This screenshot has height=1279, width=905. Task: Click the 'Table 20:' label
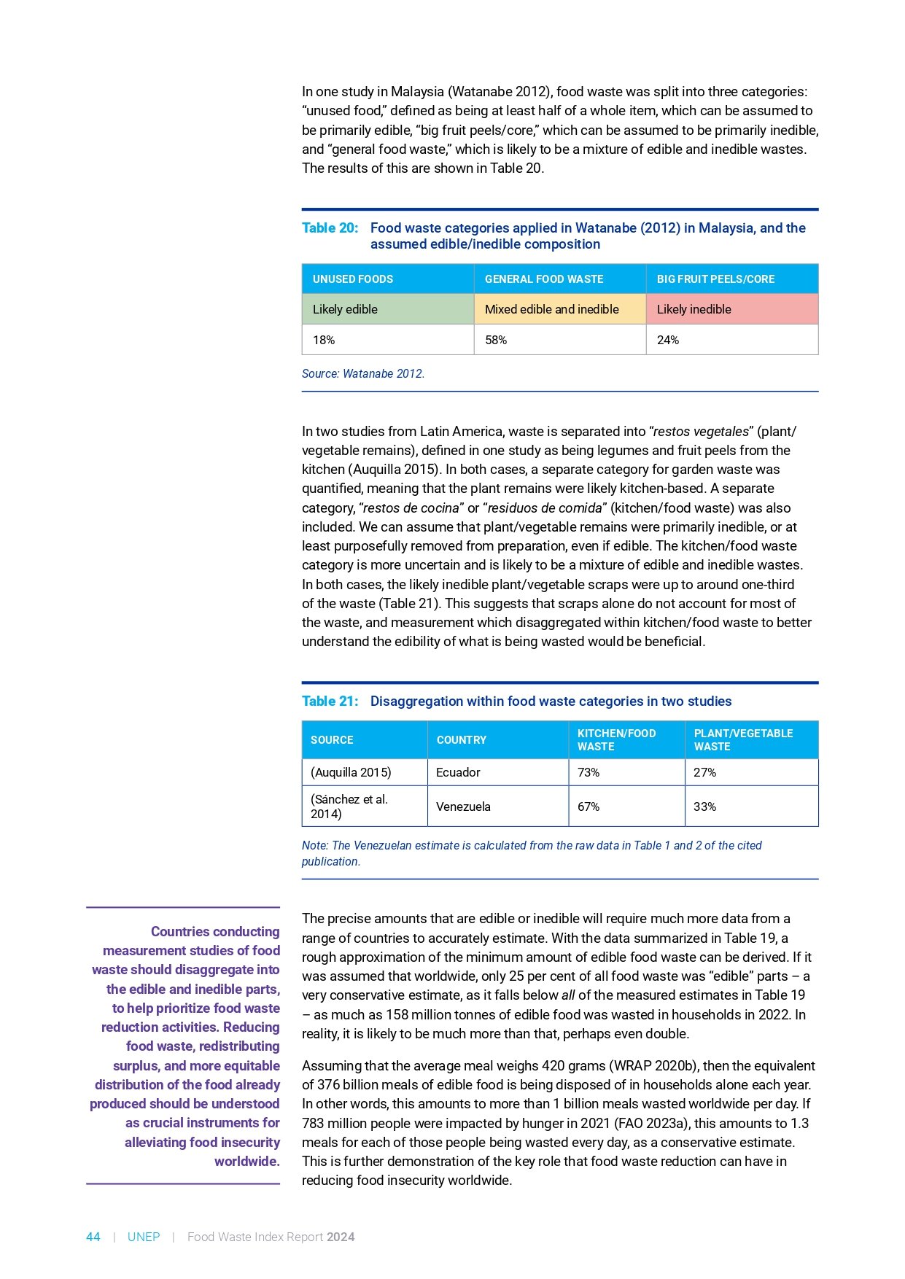coord(330,228)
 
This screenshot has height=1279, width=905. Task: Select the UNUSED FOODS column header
coord(353,279)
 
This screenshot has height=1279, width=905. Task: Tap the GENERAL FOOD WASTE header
coord(544,279)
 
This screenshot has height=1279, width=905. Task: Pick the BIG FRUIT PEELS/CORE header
coord(715,279)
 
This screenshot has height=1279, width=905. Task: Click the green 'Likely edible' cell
coord(345,309)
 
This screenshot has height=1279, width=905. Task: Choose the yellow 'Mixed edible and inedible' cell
coord(551,309)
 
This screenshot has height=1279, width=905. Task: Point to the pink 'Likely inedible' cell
coord(694,309)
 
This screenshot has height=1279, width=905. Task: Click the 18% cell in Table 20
coord(324,340)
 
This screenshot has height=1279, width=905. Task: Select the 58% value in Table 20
coord(496,340)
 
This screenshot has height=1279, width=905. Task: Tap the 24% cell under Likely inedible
coord(668,340)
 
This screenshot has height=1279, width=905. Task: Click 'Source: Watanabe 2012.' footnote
coord(362,373)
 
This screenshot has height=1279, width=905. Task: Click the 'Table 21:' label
coord(330,701)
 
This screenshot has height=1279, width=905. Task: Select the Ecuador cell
coord(458,772)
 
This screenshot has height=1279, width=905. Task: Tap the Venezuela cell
coord(463,806)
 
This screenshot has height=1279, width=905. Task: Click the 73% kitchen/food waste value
coord(589,772)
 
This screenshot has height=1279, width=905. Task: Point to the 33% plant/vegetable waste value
coord(704,806)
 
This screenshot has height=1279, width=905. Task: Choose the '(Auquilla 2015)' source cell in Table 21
coord(351,772)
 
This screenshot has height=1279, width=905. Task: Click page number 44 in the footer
coord(93,1237)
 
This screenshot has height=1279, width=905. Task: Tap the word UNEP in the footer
coord(144,1237)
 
